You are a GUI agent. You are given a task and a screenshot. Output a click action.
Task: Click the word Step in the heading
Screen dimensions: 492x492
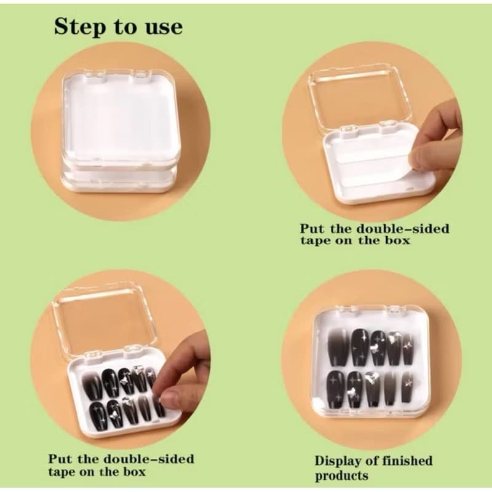80,27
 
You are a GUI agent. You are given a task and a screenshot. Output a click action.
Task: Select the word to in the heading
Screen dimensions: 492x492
125,28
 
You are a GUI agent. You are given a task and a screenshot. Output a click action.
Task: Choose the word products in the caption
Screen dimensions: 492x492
342,475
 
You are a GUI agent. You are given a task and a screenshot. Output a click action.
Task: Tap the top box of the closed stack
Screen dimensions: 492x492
119,119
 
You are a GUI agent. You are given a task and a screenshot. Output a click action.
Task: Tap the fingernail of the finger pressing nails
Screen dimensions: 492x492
170,399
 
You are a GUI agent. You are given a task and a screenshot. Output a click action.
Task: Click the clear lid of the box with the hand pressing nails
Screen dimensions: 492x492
106,320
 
